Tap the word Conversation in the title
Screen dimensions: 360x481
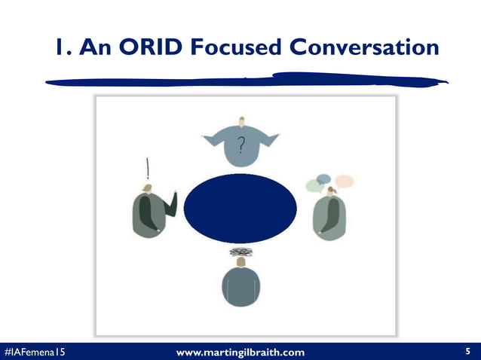(362, 47)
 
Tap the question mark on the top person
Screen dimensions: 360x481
(240, 144)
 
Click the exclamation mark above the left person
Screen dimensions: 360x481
(148, 167)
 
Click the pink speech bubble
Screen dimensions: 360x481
(344, 181)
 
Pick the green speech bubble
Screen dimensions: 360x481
(314, 186)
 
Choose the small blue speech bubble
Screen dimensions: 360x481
(323, 178)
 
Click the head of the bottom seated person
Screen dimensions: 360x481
(240, 261)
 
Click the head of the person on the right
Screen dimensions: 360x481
(331, 191)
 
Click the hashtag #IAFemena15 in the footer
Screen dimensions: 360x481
(34, 352)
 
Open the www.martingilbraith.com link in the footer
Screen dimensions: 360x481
(240, 352)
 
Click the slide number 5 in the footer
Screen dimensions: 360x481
(468, 351)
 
